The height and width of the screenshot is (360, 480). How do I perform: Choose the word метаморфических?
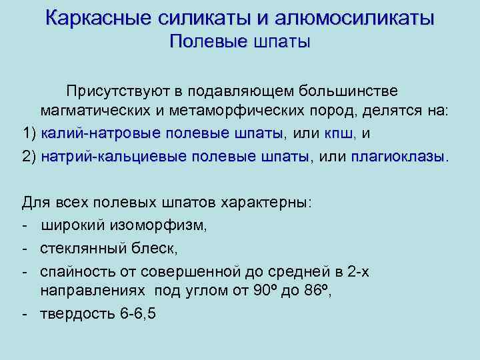(223, 112)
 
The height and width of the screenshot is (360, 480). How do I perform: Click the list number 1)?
(29, 134)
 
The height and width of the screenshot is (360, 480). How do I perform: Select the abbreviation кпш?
(340, 134)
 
